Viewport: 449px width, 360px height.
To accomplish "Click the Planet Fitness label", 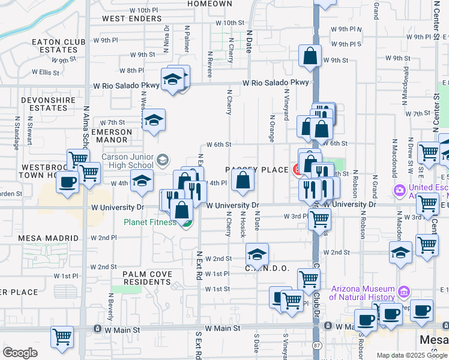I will click(x=150, y=223).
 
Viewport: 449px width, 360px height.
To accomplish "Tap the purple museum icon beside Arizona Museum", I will click(x=403, y=292).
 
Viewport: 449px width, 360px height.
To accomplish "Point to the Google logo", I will click(x=20, y=352).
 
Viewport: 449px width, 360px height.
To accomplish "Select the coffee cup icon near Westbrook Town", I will click(x=68, y=181).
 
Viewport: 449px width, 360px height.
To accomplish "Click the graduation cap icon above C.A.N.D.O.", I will click(x=257, y=254).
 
